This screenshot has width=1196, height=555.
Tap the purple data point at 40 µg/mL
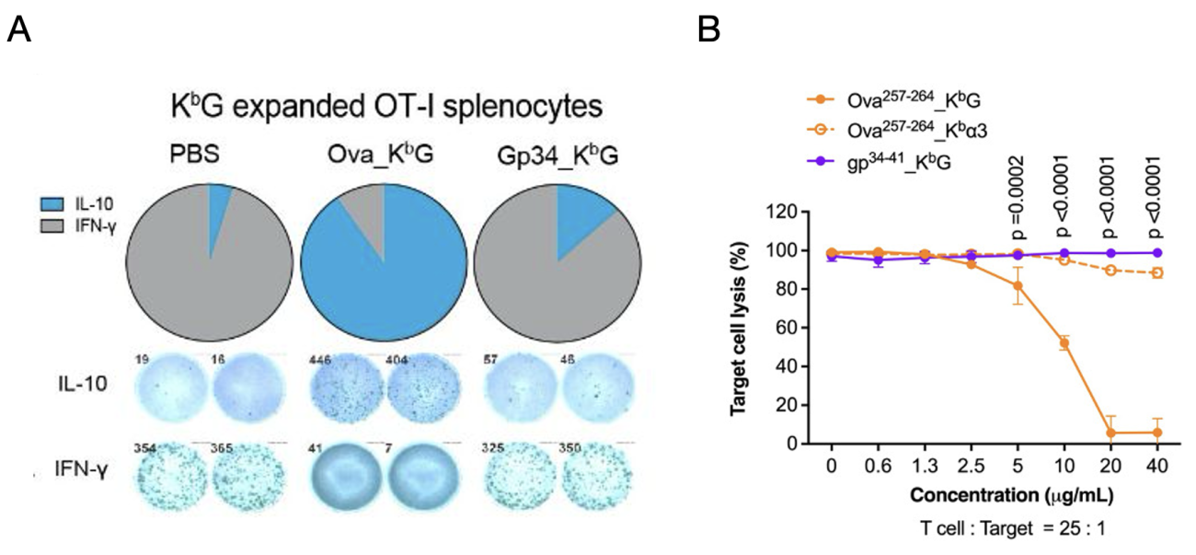(1156, 252)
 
